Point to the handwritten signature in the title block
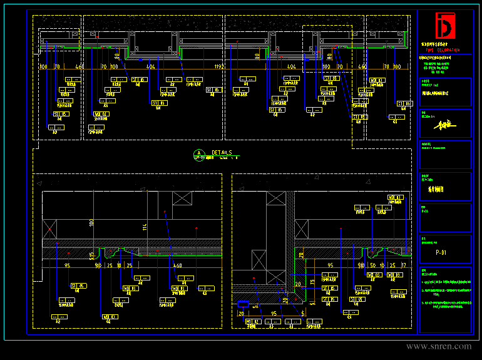[443, 124]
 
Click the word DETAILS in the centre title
[222, 152]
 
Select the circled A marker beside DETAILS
[199, 153]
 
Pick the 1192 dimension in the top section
[218, 66]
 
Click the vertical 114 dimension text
[144, 226]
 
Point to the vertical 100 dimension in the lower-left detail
[91, 222]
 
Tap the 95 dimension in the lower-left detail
[67, 265]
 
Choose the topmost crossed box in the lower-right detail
[275, 198]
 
